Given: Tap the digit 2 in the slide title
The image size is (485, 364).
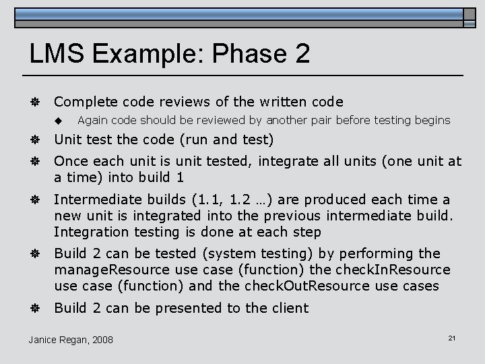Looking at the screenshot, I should (302, 53).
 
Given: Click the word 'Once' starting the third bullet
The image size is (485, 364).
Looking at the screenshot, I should (70, 161).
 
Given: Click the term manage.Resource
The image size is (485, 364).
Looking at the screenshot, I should (111, 270).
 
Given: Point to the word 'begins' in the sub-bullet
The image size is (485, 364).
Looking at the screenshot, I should (432, 120).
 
